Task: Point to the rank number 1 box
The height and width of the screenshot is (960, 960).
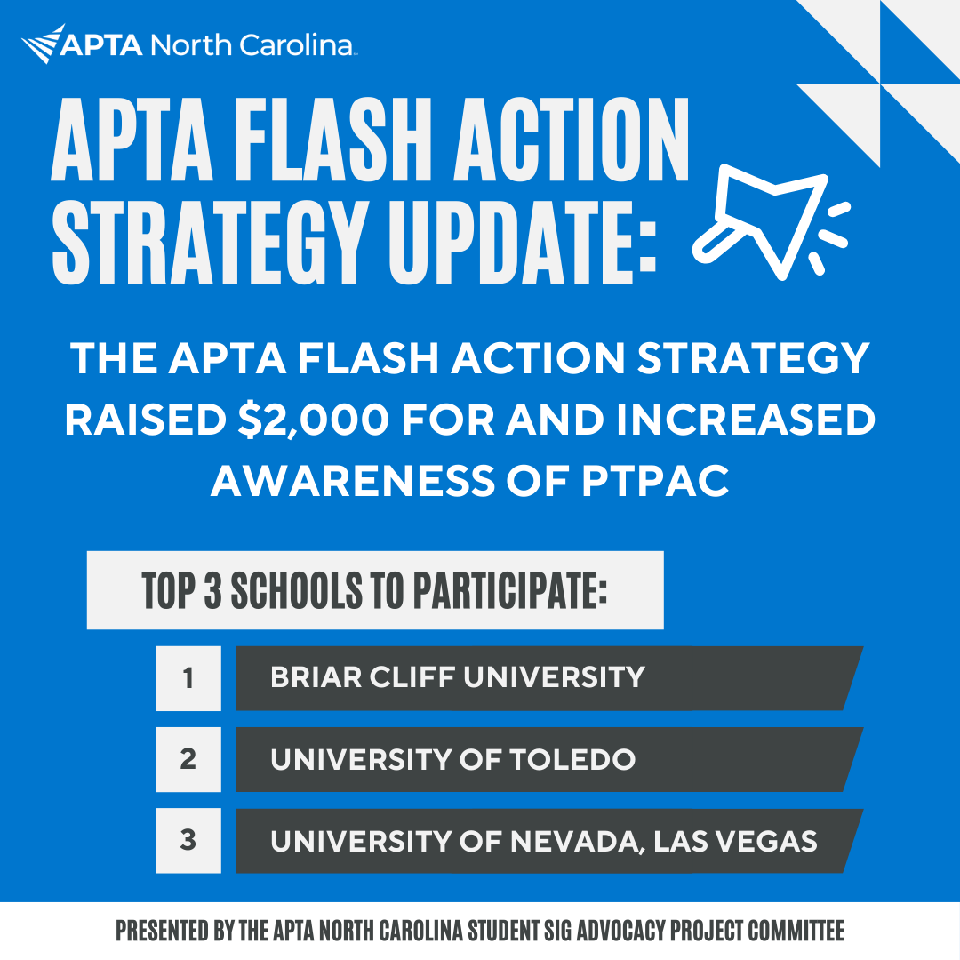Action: (188, 678)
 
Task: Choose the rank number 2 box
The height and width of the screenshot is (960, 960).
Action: (188, 760)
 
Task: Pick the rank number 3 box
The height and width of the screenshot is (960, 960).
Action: (188, 841)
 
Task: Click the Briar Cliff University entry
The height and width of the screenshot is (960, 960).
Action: (457, 677)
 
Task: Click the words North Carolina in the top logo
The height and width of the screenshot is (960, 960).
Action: (254, 44)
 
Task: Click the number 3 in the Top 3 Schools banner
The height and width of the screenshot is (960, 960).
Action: (212, 590)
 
